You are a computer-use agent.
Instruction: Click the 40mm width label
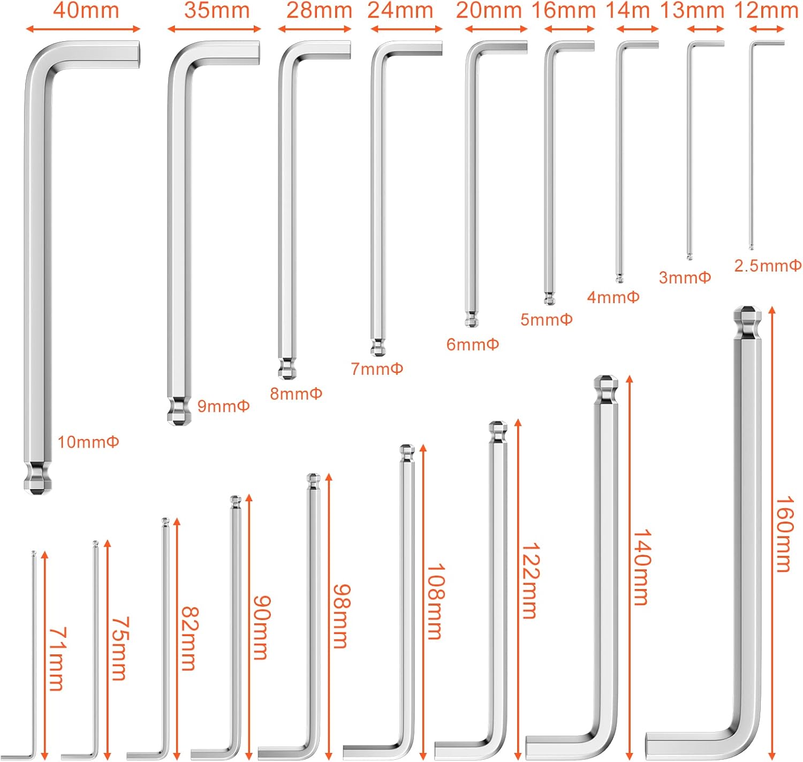86,11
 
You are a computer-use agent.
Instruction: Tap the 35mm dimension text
217,11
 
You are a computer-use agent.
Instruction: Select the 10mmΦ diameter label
88,442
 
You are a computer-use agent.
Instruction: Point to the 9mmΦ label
224,406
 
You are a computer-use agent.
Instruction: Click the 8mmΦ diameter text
296,394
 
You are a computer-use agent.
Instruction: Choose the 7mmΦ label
377,368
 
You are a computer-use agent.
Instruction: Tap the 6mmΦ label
473,344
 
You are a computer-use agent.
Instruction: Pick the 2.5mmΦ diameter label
768,266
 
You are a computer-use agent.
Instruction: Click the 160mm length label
784,534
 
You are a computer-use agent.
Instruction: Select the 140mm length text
642,567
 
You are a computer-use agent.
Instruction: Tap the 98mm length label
341,616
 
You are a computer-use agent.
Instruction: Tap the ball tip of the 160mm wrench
747,318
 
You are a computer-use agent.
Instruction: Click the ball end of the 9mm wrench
179,411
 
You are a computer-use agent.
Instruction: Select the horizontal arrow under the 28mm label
314,29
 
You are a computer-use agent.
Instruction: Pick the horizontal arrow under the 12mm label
767,29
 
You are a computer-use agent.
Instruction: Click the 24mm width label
400,11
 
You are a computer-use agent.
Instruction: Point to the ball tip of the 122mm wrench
498,431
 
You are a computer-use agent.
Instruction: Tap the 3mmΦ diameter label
685,277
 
